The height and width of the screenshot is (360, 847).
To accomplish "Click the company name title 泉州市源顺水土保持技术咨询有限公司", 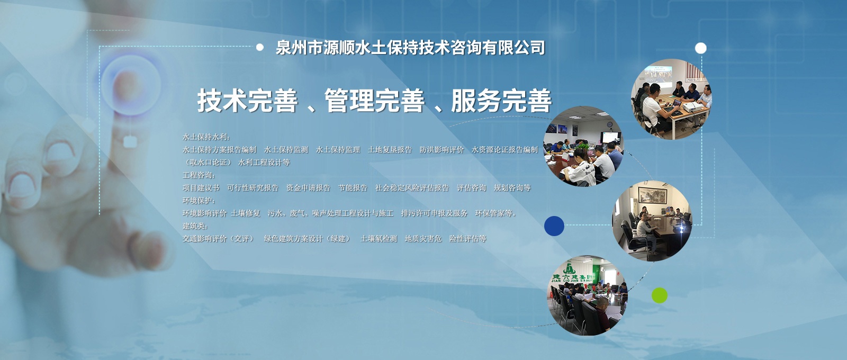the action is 410,48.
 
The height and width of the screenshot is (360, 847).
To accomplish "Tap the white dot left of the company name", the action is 260,47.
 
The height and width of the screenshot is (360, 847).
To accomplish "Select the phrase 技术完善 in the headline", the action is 247,101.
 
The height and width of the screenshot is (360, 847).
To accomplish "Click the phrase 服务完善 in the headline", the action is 501,101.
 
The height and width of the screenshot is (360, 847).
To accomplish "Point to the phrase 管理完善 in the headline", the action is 374,101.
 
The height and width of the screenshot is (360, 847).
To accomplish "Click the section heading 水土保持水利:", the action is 206,137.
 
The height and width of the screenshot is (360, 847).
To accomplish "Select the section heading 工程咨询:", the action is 199,175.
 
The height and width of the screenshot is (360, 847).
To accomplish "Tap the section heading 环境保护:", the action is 199,201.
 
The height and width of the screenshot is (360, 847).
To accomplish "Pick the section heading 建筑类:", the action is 195,226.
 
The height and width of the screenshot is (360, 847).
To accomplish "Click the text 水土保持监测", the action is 286,150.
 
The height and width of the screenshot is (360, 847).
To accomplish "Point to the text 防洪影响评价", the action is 441,150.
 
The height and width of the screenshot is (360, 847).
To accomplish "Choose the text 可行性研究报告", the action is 253,188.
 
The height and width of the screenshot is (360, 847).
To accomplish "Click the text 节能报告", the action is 353,188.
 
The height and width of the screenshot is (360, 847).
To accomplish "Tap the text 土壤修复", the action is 246,213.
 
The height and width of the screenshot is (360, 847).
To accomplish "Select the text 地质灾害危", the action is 423,239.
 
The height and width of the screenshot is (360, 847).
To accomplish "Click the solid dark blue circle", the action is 554,226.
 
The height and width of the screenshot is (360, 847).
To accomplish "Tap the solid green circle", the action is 660,295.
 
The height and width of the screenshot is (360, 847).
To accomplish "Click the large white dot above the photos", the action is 701,48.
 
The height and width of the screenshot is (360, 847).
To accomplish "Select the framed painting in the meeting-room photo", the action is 652,195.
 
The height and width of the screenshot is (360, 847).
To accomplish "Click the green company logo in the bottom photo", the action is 569,269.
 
